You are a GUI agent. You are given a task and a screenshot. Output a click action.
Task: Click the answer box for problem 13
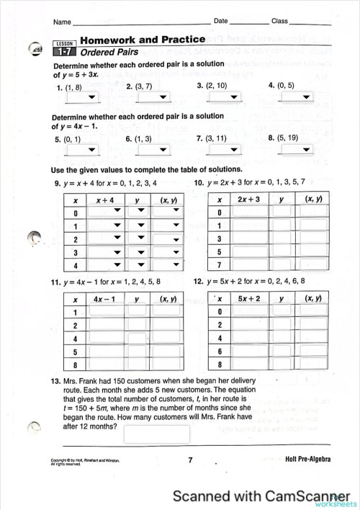coord(156,434)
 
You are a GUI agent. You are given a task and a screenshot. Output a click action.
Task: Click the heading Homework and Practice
coord(143,40)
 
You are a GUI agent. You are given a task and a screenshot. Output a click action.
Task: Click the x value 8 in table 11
coord(75,364)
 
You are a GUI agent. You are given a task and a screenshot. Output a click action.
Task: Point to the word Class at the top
coord(279,22)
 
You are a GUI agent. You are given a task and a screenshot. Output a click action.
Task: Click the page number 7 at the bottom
coord(190,460)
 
